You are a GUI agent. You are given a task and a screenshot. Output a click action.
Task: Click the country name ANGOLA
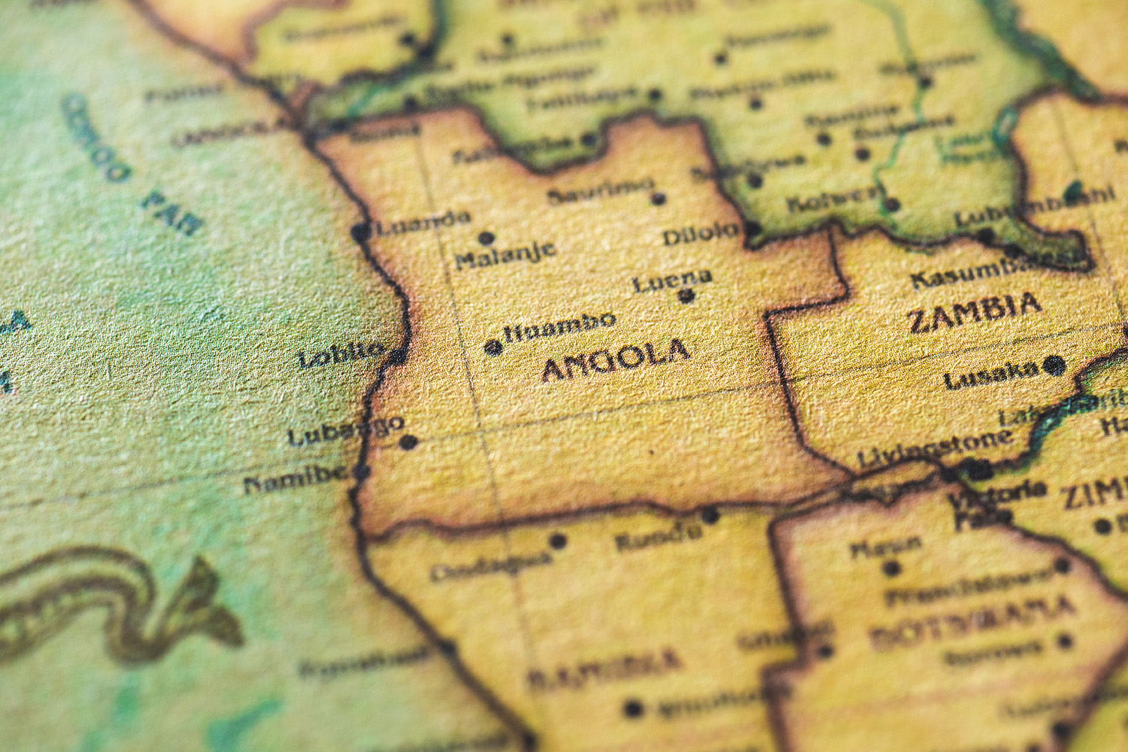click(x=615, y=361)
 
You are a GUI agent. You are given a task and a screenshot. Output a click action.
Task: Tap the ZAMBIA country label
click(x=975, y=312)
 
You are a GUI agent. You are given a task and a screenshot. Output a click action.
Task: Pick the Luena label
click(x=672, y=280)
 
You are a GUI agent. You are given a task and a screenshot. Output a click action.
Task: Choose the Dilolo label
click(x=701, y=234)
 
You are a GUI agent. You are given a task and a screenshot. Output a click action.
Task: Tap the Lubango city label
click(x=346, y=431)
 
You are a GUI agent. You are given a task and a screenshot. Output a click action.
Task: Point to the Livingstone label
click(x=934, y=449)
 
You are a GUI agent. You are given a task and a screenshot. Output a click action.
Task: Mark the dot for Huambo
click(x=493, y=347)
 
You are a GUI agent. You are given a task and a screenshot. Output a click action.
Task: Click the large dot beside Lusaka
click(x=1054, y=366)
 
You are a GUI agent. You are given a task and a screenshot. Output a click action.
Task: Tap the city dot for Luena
click(x=686, y=296)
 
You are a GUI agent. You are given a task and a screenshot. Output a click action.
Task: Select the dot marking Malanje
click(x=487, y=238)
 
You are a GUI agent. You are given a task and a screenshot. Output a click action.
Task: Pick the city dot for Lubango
click(x=408, y=442)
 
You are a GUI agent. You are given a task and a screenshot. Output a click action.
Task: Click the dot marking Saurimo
click(x=658, y=199)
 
